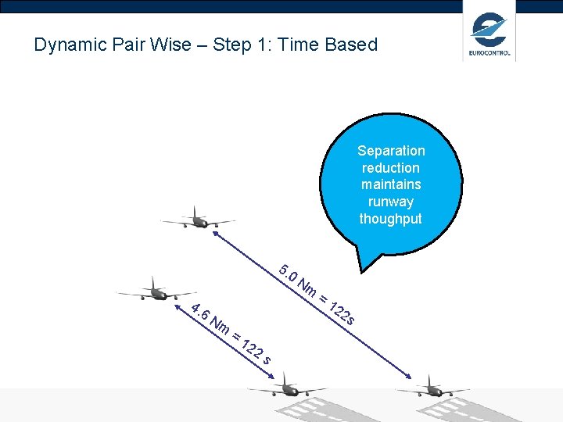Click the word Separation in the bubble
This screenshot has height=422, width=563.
(391, 151)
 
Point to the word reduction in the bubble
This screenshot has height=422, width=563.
(391, 168)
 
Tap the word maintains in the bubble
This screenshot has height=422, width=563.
(391, 184)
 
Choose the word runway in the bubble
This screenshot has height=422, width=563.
(391, 202)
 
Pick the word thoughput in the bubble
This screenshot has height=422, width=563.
(391, 219)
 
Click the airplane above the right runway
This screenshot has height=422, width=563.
(432, 388)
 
